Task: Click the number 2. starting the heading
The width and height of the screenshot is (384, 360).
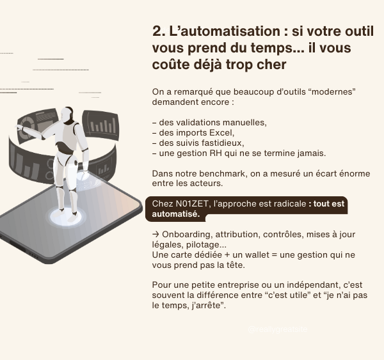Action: (158, 32)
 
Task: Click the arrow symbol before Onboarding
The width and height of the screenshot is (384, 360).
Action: (156, 235)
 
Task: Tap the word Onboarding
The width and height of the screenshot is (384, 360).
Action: (182, 235)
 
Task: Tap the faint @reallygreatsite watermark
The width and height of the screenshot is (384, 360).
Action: (278, 330)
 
